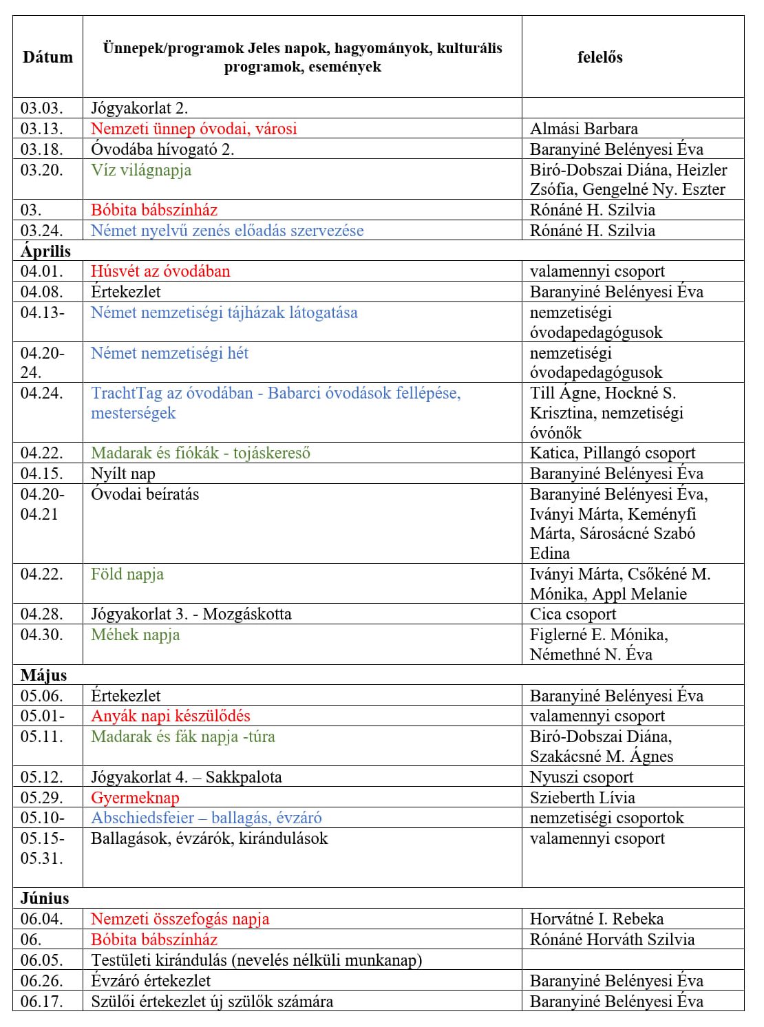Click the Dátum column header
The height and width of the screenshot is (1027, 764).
point(47,57)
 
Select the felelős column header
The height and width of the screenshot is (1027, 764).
point(599,57)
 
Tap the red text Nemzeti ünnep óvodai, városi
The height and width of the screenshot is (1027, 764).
point(193,129)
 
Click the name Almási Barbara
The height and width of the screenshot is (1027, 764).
point(584,129)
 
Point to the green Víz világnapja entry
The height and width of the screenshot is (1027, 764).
point(141,170)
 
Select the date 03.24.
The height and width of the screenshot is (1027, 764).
point(41,231)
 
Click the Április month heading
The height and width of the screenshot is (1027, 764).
point(45,251)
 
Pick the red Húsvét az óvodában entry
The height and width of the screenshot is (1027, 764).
point(160,271)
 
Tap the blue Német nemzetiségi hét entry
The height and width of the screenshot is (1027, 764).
point(169,353)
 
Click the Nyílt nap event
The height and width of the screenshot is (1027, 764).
point(123,474)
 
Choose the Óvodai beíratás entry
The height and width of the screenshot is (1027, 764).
point(145,494)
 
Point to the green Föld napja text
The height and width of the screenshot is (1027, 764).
point(127,574)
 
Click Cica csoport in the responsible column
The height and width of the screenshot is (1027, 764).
point(573,614)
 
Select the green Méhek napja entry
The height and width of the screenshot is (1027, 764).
point(135,635)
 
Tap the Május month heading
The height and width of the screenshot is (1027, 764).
point(43,675)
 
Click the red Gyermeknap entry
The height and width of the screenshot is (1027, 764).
point(135,798)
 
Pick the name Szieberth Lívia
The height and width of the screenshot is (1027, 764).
point(582,798)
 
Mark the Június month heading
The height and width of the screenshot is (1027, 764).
point(45,898)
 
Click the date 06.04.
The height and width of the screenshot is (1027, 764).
point(41,919)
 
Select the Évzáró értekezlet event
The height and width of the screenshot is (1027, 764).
point(151,981)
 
